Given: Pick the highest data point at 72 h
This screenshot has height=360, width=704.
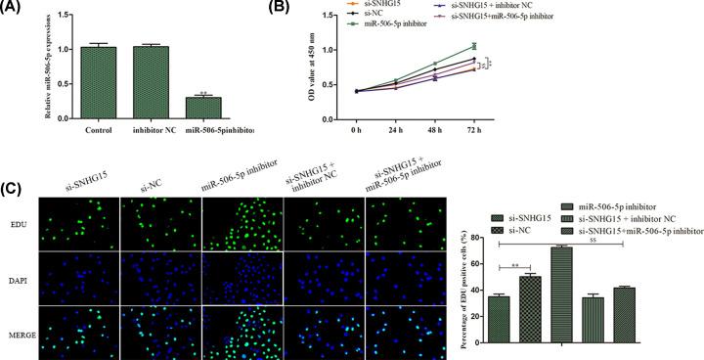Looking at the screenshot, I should (x=611, y=46).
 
